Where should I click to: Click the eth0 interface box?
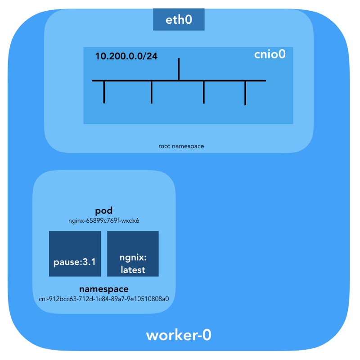179,20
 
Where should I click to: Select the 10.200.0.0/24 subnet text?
126,57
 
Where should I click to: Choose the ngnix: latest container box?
133,254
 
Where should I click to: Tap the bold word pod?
104,211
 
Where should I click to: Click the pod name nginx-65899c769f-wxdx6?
104,221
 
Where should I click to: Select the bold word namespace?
104,288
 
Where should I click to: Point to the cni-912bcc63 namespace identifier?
104,298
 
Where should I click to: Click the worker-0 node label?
179,335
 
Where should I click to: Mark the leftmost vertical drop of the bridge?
104,92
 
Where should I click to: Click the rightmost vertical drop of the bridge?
245,93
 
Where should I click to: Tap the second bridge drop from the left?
152,92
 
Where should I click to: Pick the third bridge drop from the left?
204,92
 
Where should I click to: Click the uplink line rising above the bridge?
179,69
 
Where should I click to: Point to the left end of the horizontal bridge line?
93,81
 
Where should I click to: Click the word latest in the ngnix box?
133,270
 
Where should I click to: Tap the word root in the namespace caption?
164,146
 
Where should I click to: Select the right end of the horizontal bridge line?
265,81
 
